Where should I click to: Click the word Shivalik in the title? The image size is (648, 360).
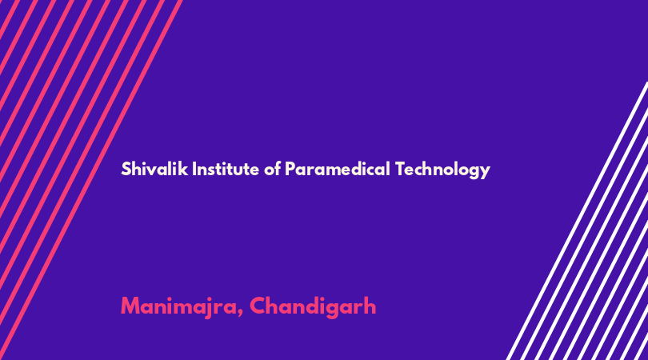tap(154, 169)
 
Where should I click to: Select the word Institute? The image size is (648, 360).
tap(226, 169)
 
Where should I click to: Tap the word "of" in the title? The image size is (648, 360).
tap(272, 169)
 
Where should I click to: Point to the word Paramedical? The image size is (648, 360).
tap(338, 169)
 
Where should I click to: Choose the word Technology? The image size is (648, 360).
tap(442, 170)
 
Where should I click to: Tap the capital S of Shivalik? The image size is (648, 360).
tap(126, 169)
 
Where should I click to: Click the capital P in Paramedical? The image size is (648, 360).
tap(290, 169)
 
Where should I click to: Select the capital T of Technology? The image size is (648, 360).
tap(400, 169)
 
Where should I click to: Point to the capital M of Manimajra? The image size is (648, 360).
tap(130, 306)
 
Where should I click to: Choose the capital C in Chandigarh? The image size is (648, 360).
tap(258, 306)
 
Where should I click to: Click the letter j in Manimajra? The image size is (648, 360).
tap(210, 308)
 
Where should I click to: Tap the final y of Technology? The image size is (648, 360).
tap(486, 172)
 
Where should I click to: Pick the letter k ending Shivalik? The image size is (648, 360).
tap(184, 169)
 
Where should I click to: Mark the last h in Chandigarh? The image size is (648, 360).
tap(370, 306)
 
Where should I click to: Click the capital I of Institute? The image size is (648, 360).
tap(194, 169)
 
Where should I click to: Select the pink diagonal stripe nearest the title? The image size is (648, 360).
tap(90, 180)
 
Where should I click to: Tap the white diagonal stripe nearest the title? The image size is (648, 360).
tap(577, 221)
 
